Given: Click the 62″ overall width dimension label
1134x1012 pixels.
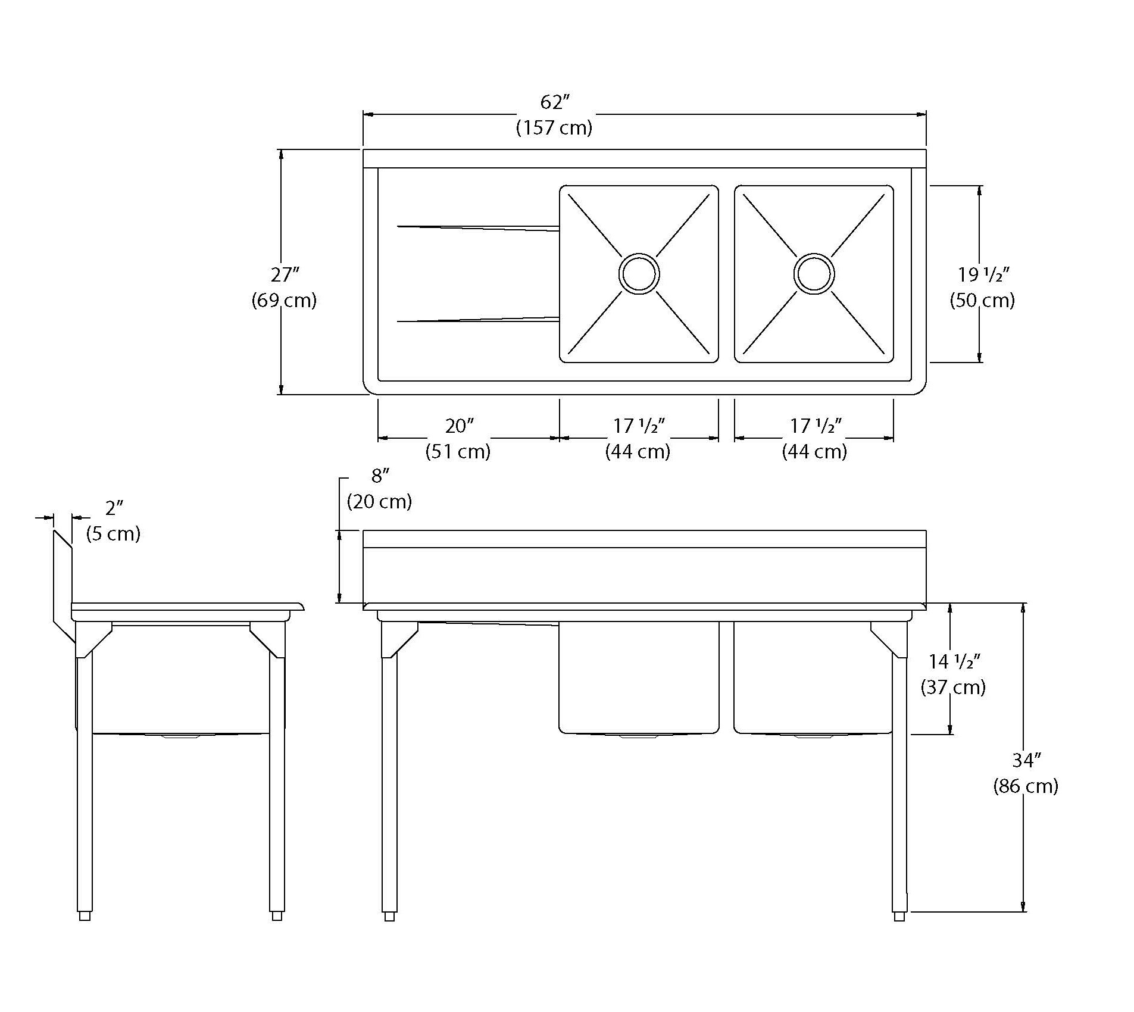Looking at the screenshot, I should [554, 102].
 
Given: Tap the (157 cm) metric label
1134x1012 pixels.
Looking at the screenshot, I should [554, 128].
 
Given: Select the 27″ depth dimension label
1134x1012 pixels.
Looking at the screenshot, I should [285, 275].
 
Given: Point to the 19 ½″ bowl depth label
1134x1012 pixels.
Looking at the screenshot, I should [983, 275].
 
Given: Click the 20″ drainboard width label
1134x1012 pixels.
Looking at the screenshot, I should [460, 426].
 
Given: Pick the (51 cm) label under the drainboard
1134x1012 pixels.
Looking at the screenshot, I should [458, 451].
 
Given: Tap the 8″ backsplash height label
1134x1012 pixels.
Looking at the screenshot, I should [380, 476].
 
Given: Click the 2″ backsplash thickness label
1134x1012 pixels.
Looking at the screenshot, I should [114, 508].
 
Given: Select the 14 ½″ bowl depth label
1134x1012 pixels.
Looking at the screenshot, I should [954, 661].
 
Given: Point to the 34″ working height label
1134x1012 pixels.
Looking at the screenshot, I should [1026, 760].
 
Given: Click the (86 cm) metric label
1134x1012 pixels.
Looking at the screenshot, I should [1026, 786].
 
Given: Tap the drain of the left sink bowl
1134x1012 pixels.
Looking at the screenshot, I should [639, 274].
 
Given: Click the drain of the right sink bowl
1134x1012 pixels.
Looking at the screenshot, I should [814, 274].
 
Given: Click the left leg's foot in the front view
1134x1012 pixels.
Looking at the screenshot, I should [389, 933].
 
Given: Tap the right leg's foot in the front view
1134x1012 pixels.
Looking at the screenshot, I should [899, 933].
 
